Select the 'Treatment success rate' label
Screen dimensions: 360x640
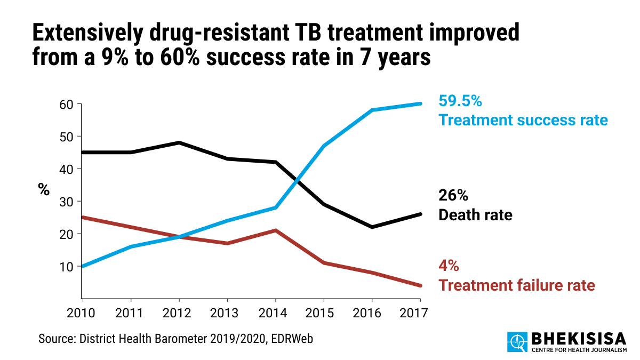tap(523, 120)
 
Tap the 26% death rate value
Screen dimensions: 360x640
tap(453, 196)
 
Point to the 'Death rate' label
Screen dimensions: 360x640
tap(475, 215)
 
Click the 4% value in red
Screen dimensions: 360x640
tap(449, 266)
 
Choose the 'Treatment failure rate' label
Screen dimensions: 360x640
tap(516, 285)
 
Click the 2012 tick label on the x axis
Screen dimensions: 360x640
tap(179, 313)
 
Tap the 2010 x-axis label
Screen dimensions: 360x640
tap(82, 313)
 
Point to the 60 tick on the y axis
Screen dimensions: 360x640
tap(67, 104)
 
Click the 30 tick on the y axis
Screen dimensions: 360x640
tap(67, 202)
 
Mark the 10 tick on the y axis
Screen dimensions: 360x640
tap(67, 266)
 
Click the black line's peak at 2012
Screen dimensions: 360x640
tap(179, 143)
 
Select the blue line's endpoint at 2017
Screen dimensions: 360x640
tap(420, 103)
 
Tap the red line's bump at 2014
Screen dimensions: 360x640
tap(275, 230)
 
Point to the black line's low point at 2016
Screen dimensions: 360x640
tap(372, 227)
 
